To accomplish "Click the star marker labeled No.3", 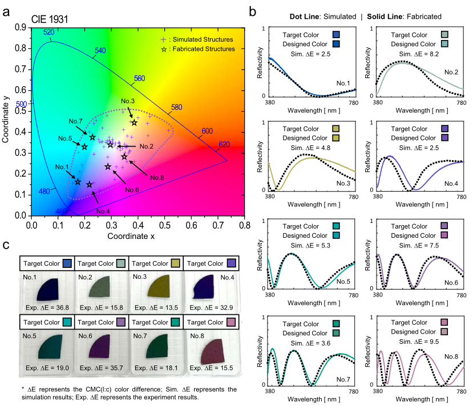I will [x=134, y=123].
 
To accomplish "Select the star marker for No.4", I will [x=90, y=184].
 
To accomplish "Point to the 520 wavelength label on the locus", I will [x=48, y=33].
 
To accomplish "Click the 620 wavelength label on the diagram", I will [x=225, y=144].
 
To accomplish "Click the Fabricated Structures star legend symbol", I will [x=164, y=50].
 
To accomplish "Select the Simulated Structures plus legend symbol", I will [x=164, y=40].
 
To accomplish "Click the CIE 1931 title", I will [x=50, y=19].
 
